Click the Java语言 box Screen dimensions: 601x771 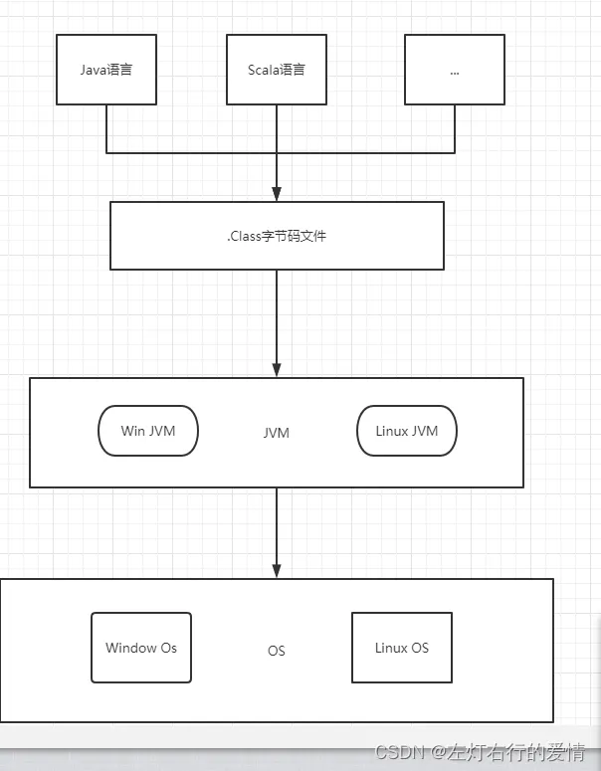click(106, 70)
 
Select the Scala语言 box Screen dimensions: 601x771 click(277, 70)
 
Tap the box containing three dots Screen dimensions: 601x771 click(455, 70)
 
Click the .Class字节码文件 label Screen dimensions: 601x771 click(277, 236)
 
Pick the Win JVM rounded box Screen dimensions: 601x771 click(148, 431)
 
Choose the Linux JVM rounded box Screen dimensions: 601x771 click(407, 431)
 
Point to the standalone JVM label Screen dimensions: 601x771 click(277, 433)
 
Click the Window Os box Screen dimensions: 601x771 click(141, 648)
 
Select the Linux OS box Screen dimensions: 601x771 click(402, 648)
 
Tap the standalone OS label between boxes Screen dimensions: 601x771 click(277, 651)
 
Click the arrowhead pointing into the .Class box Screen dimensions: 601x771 click(277, 194)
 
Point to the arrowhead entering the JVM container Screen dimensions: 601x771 click(277, 370)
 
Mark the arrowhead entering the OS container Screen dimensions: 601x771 click(277, 571)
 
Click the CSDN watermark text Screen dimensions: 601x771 click(480, 752)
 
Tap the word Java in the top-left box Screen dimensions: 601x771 click(94, 70)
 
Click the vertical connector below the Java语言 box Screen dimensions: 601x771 click(106, 128)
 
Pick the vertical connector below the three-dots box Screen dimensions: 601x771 click(455, 128)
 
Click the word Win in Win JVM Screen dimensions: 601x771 click(132, 431)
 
